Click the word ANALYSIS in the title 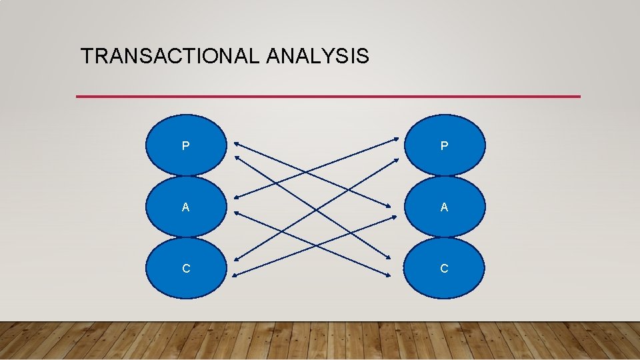[x=317, y=56]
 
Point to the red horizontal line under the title [x=328, y=97]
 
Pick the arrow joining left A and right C [x=353, y=261]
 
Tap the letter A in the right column [x=445, y=207]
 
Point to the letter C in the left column [x=186, y=269]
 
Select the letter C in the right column [x=445, y=269]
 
